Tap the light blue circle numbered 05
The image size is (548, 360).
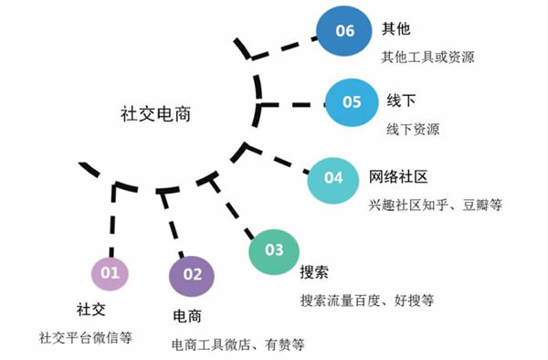click(353, 102)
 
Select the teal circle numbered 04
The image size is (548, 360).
click(333, 178)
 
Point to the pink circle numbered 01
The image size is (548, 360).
click(111, 272)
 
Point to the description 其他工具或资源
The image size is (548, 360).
click(428, 57)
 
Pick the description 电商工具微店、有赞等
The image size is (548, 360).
click(237, 344)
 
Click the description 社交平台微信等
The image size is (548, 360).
click(86, 336)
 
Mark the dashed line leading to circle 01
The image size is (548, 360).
click(113, 219)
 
